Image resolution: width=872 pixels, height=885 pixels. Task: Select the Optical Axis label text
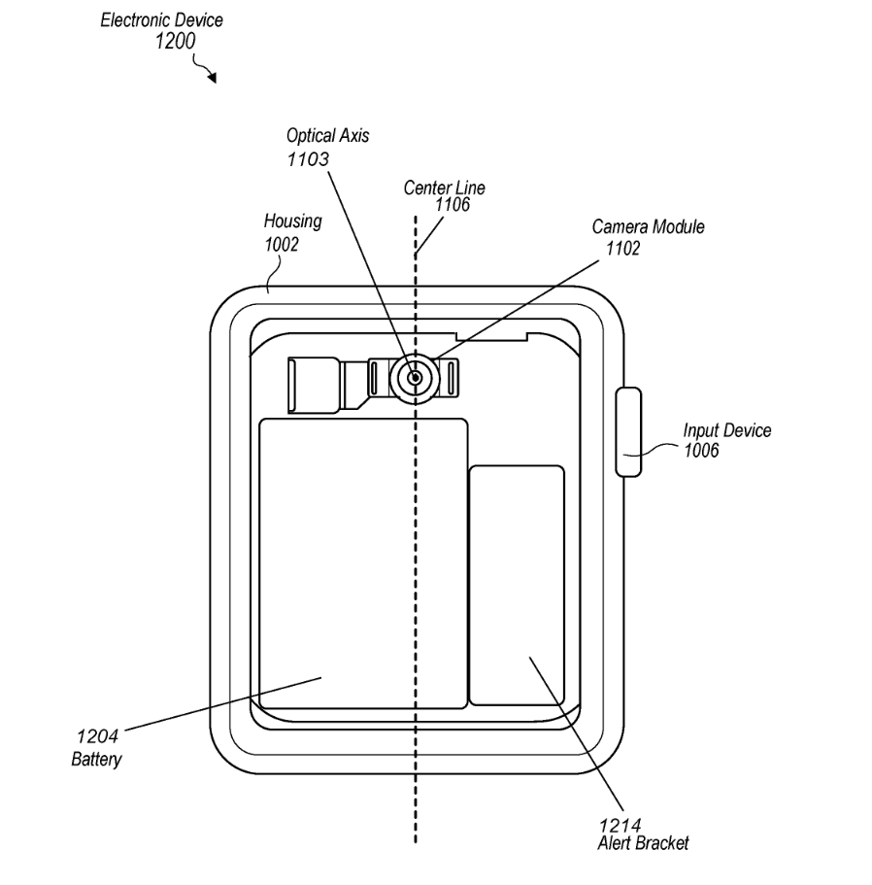click(327, 136)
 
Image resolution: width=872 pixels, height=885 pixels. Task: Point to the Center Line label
click(444, 187)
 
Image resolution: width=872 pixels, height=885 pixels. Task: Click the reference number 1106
click(452, 204)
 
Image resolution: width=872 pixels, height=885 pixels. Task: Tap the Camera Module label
click(649, 227)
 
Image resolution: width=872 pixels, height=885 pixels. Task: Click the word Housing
click(292, 222)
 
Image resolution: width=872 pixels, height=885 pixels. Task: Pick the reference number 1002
click(282, 245)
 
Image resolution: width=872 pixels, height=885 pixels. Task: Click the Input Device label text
click(727, 430)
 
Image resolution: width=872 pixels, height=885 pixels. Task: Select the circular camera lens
click(415, 377)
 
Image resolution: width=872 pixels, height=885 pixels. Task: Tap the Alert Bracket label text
click(643, 843)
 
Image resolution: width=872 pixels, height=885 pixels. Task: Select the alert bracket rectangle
click(517, 585)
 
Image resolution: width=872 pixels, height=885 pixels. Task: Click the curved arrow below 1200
click(206, 71)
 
